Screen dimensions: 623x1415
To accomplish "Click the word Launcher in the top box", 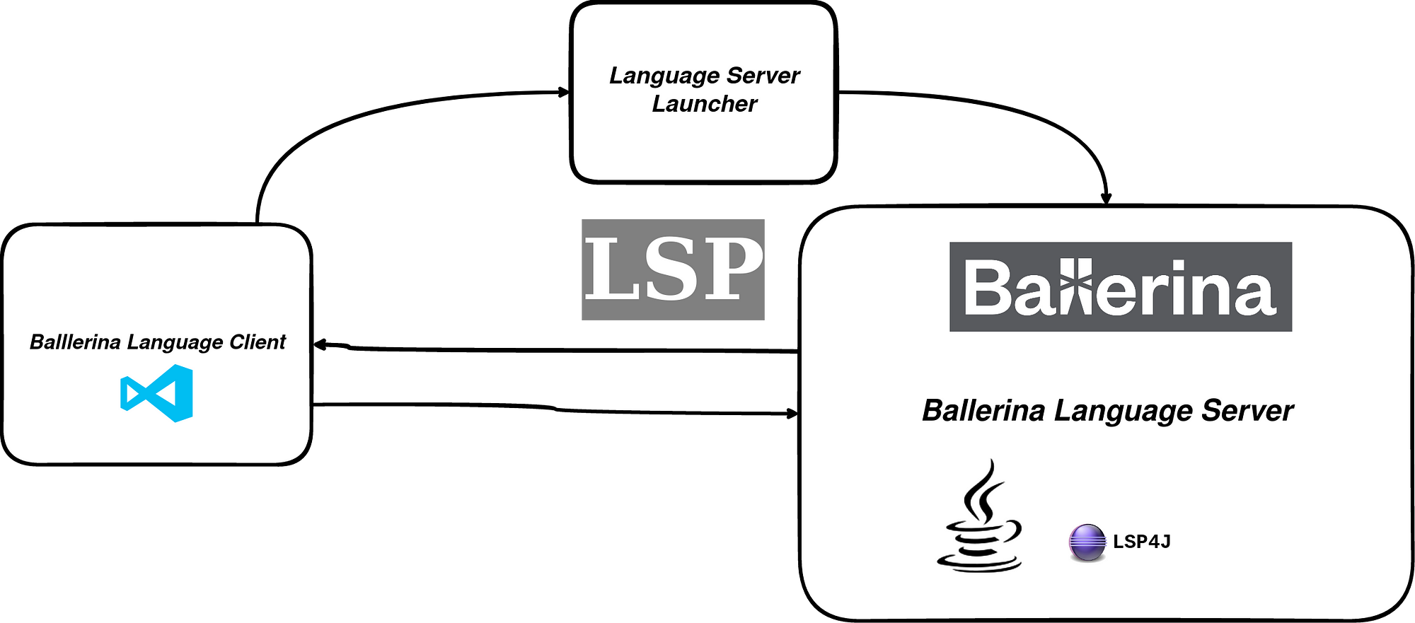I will pyautogui.click(x=704, y=104).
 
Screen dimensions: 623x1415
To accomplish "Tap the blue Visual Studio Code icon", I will pyautogui.click(x=157, y=393).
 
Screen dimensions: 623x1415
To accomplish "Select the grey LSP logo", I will pyautogui.click(x=673, y=269).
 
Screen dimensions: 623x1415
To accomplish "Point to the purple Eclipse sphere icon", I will pyautogui.click(x=1087, y=542).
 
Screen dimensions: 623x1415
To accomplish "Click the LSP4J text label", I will pyautogui.click(x=1142, y=542).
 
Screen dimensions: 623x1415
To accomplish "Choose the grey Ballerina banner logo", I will pyautogui.click(x=1120, y=286).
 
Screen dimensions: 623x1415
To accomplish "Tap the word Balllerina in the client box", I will pyautogui.click(x=75, y=342).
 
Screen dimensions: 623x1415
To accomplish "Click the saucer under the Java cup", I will pyautogui.click(x=980, y=562).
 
